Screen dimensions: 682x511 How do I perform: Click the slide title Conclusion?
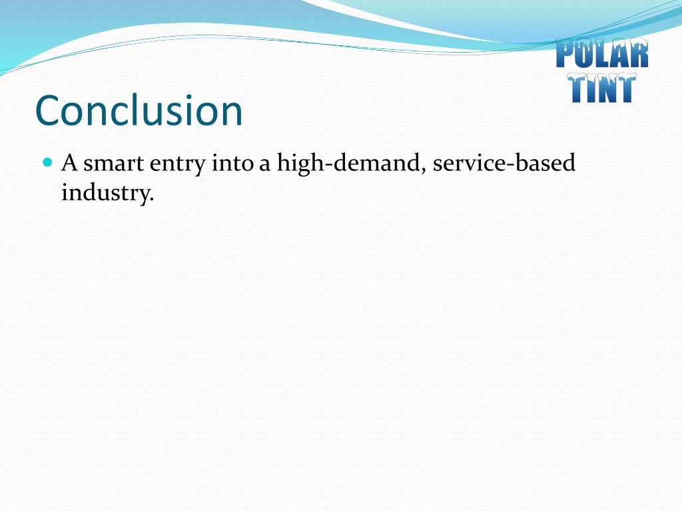click(139, 110)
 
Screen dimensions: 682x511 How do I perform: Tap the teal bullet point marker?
click(48, 162)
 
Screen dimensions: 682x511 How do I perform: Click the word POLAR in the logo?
click(602, 53)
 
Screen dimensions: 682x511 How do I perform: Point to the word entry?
click(177, 165)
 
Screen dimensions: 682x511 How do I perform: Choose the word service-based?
click(504, 162)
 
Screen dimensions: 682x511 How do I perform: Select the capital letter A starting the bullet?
click(69, 163)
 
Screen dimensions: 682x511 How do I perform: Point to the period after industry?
click(152, 200)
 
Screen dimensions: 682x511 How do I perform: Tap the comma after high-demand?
click(423, 170)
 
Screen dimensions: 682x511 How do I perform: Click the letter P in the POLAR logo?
click(565, 53)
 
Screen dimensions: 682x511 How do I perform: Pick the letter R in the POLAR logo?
click(640, 53)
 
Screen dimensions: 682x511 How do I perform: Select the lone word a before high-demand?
click(265, 166)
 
